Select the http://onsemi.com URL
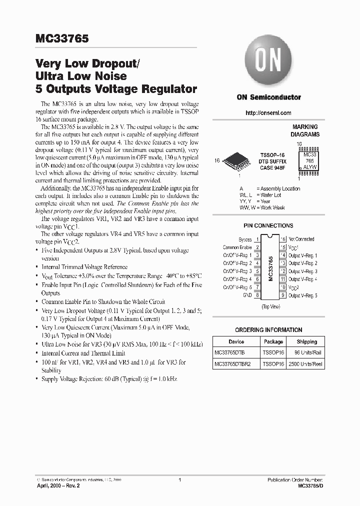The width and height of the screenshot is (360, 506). click(268, 113)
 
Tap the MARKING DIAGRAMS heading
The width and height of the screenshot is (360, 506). click(305, 131)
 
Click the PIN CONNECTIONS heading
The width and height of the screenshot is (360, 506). click(268, 226)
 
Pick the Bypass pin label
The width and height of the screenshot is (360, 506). click(245, 240)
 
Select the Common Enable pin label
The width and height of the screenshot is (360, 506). click(237, 247)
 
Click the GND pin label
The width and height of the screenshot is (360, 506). click(247, 295)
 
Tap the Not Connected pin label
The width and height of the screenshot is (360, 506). click(301, 240)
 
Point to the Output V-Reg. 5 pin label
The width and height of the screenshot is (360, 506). click(302, 295)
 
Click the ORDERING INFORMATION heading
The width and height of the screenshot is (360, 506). click(268, 330)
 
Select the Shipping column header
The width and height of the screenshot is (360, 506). click(306, 342)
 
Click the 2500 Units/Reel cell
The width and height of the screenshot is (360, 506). click(306, 364)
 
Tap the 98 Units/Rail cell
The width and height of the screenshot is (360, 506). click(306, 353)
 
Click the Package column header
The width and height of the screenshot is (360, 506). click(273, 342)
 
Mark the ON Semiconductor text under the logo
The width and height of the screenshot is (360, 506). click(268, 97)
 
